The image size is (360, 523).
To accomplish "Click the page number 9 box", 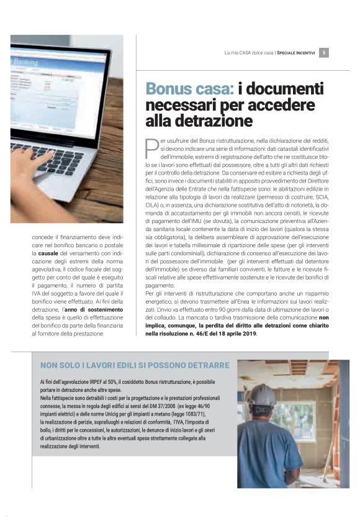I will tap(324, 53).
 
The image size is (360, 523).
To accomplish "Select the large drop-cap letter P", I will tap(152, 148).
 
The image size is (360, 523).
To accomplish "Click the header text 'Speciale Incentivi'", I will tap(295, 53).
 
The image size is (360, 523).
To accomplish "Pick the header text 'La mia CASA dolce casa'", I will tap(249, 53).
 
